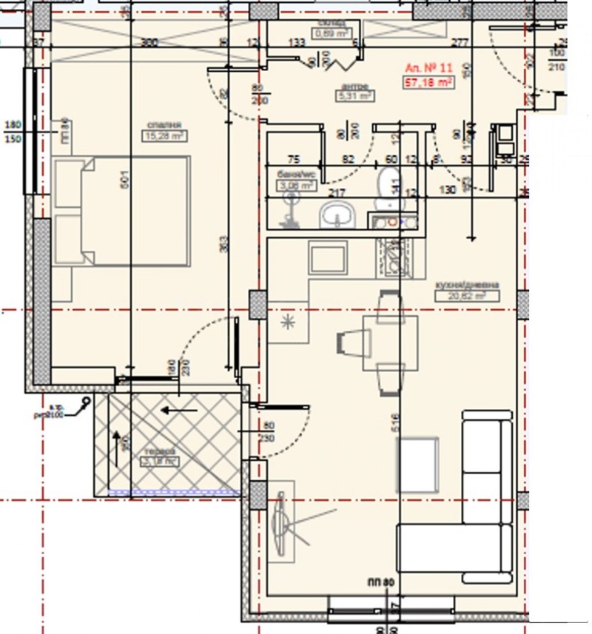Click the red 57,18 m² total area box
tap(428, 82)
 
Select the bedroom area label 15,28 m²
tap(164, 135)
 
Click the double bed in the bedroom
tap(122, 212)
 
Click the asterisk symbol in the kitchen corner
tap(286, 322)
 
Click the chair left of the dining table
tap(351, 343)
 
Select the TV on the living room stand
tap(281, 522)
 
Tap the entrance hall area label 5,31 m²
tap(355, 95)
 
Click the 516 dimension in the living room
tap(395, 422)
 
